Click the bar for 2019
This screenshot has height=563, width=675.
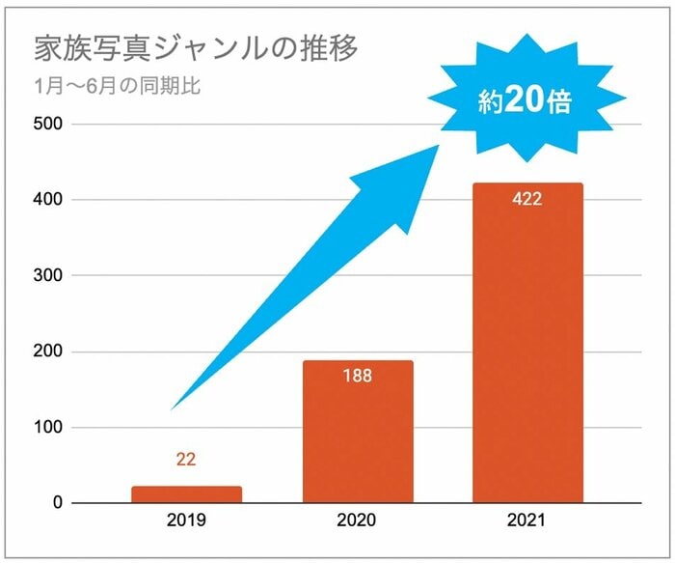(x=187, y=494)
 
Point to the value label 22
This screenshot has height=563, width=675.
(x=187, y=461)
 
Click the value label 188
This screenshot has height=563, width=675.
(x=358, y=376)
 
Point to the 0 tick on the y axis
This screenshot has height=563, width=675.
(x=57, y=503)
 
